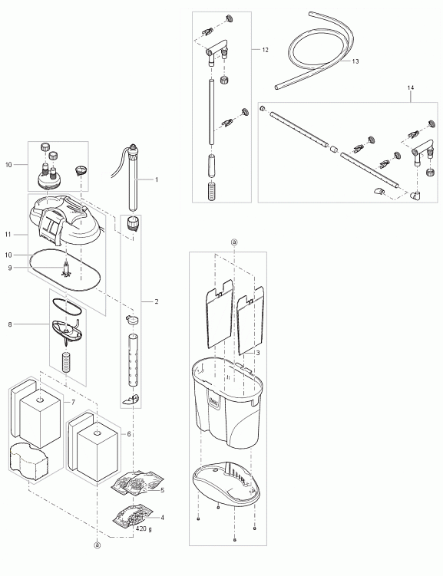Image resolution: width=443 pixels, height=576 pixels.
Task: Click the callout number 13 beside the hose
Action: click(x=355, y=61)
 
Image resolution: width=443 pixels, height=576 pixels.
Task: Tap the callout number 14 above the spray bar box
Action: click(x=411, y=87)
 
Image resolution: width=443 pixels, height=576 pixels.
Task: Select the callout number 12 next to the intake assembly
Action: click(x=266, y=50)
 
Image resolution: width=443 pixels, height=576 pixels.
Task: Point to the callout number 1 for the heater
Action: click(x=157, y=179)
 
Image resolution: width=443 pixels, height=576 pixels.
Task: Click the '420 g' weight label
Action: click(x=144, y=529)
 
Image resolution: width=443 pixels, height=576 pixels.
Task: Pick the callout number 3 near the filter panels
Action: click(x=258, y=353)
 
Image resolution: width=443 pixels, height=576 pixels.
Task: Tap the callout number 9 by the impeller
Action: click(x=9, y=268)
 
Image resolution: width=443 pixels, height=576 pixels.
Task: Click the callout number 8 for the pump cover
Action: click(x=9, y=324)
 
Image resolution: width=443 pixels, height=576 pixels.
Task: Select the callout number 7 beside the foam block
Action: click(x=73, y=402)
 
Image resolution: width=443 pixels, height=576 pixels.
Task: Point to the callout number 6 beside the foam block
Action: click(x=129, y=434)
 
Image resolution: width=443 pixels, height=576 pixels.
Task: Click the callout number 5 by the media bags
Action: click(x=163, y=490)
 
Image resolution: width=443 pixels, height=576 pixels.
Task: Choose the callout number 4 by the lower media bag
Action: click(x=163, y=518)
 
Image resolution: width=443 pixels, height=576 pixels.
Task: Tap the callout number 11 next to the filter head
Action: click(x=8, y=235)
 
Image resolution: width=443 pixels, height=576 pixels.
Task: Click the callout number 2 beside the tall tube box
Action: click(x=157, y=301)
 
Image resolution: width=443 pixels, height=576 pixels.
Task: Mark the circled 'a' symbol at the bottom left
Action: click(x=97, y=545)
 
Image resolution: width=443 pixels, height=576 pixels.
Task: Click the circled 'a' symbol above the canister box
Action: click(x=234, y=242)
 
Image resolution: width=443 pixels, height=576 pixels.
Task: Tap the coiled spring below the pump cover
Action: click(x=66, y=362)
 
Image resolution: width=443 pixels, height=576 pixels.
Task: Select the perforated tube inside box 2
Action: click(x=133, y=360)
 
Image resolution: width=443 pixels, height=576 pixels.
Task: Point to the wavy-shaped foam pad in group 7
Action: click(x=28, y=461)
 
